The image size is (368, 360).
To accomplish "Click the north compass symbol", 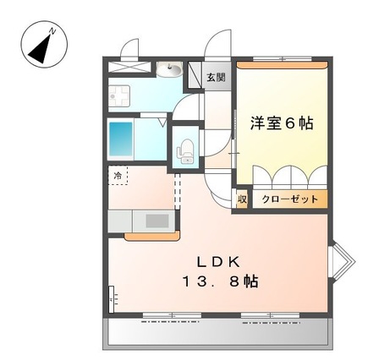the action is tap(44, 45).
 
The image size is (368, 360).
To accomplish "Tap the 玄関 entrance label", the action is tap(217, 77).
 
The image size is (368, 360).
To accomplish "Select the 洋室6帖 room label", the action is tap(282, 123).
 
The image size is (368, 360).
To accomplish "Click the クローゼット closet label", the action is tap(290, 199).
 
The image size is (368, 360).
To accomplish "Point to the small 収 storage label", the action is tap(242, 199).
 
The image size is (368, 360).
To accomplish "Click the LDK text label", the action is tap(218, 263).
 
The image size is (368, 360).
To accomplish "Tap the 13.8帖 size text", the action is tap(220, 281).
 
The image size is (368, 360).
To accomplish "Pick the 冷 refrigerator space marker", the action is tap(118, 176).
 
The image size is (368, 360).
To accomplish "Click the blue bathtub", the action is tap(121, 139).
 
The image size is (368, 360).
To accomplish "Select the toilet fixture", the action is tap(185, 151).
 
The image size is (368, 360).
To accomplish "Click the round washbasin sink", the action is tap(169, 69).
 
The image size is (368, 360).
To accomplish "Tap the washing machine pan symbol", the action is tap(119, 95).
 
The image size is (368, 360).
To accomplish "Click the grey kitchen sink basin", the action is tap(157, 221).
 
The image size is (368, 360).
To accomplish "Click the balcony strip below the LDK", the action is tap(218, 333).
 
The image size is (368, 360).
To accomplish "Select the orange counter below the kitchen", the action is tap(151, 236).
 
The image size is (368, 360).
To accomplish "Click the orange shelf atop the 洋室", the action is tap(282, 65).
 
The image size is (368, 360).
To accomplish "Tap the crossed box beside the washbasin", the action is tap(129, 67).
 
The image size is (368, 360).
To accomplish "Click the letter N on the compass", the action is tap(52, 31).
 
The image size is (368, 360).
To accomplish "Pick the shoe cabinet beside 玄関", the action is tap(195, 74).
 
